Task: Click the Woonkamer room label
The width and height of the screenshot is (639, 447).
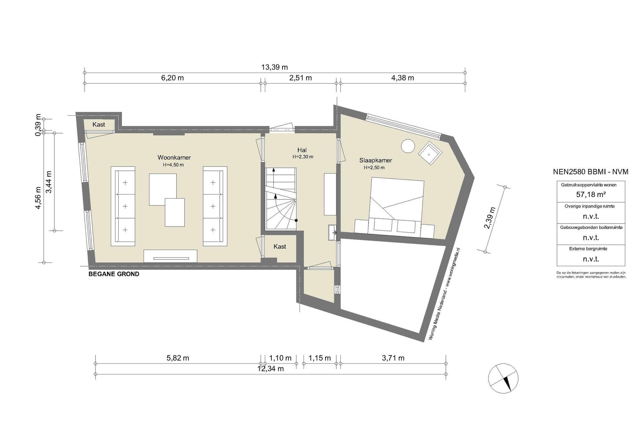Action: (x=174, y=157)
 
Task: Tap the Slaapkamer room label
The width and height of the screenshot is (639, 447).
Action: (x=376, y=160)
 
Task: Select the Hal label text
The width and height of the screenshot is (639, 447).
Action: (x=302, y=150)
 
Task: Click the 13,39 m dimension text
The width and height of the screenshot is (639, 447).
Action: (x=275, y=67)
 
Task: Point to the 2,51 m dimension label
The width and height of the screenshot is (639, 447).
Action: (x=300, y=78)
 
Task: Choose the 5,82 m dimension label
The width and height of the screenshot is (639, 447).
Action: (x=178, y=358)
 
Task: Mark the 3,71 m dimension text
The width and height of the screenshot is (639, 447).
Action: (x=393, y=358)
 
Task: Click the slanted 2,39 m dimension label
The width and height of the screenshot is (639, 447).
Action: (x=490, y=218)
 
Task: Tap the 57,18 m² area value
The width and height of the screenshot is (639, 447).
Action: (x=591, y=195)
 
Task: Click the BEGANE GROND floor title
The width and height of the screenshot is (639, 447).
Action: (x=114, y=274)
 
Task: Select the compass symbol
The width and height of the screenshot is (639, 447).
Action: (x=503, y=378)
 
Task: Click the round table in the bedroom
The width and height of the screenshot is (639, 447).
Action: (x=408, y=146)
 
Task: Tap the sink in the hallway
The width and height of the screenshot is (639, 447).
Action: (x=332, y=233)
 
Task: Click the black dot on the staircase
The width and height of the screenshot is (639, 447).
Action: (x=296, y=220)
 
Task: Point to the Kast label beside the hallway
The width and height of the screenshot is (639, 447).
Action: (x=280, y=247)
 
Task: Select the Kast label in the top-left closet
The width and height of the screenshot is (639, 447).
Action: (x=99, y=125)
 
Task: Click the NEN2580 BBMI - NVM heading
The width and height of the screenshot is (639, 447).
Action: (x=591, y=172)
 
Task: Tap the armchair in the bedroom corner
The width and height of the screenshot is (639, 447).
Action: (x=430, y=153)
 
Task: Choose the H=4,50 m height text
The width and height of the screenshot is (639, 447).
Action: (x=173, y=165)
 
